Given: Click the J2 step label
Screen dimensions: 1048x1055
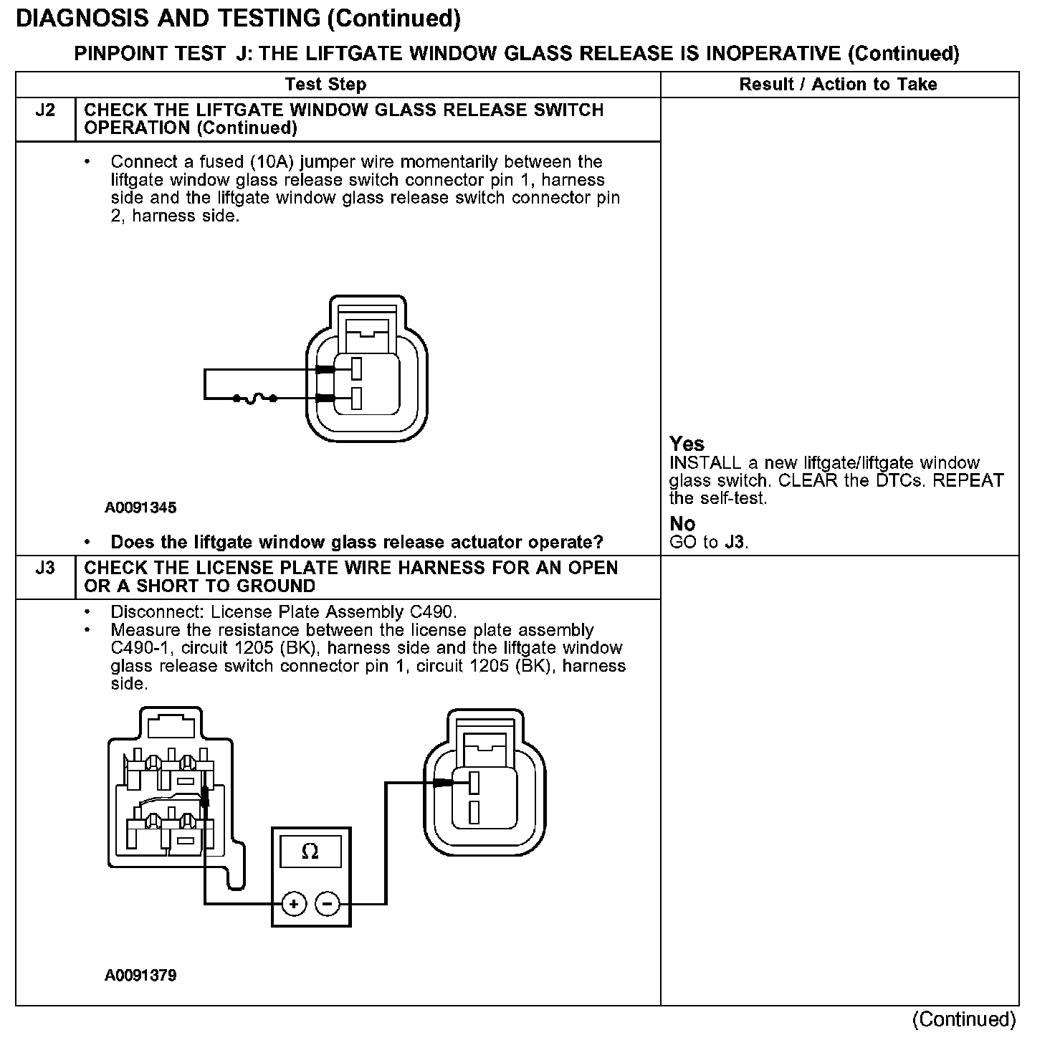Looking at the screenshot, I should pyautogui.click(x=44, y=110).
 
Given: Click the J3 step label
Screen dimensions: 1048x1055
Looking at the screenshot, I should pyautogui.click(x=44, y=568).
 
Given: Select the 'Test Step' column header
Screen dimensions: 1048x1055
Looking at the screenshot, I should pyautogui.click(x=325, y=85).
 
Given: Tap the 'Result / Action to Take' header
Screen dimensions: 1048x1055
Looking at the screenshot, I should pyautogui.click(x=838, y=85).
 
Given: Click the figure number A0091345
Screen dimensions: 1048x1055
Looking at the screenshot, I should pyautogui.click(x=140, y=508).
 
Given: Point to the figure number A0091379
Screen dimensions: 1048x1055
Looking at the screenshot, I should pyautogui.click(x=140, y=976).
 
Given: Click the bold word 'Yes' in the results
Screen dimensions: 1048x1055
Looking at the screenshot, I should pyautogui.click(x=687, y=444).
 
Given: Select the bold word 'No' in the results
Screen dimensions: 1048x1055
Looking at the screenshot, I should pyautogui.click(x=682, y=524).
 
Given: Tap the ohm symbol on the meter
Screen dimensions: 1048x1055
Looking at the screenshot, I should pyautogui.click(x=310, y=852).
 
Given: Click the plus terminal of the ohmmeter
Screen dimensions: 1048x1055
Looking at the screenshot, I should pyautogui.click(x=294, y=904).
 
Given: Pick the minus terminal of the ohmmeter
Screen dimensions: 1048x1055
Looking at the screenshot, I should pyautogui.click(x=328, y=904).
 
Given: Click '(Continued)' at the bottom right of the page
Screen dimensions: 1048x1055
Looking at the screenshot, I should pyautogui.click(x=963, y=1019).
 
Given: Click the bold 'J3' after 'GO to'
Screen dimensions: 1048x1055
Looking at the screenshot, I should pyautogui.click(x=734, y=543).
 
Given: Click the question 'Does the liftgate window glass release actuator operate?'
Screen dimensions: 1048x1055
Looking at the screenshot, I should pyautogui.click(x=357, y=542).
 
